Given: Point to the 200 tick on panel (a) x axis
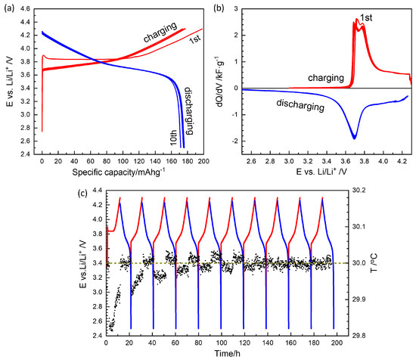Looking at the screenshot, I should [x=201, y=164].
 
